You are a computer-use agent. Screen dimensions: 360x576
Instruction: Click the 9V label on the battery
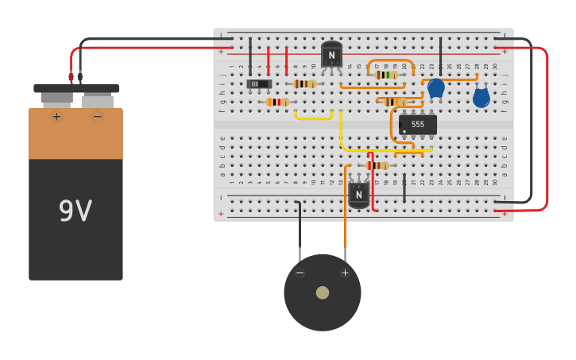(75, 211)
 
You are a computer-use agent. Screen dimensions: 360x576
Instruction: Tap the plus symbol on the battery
(56, 117)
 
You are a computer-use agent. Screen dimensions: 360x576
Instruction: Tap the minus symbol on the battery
(97, 117)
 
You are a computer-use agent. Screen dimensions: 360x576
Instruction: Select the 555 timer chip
(417, 125)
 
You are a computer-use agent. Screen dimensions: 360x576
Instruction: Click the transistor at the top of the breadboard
(331, 55)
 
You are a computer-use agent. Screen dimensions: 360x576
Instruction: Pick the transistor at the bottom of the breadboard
(358, 194)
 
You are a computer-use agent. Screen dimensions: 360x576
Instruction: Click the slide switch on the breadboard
(258, 83)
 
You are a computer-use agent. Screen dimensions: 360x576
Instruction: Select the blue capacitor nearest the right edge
(481, 98)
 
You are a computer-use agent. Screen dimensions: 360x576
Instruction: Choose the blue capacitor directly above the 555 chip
(436, 87)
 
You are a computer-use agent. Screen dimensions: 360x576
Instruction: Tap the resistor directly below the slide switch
(276, 102)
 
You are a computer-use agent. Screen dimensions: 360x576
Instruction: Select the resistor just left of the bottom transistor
(377, 165)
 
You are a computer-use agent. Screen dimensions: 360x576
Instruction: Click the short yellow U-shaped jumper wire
(313, 118)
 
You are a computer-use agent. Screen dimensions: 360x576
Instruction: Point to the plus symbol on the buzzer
(345, 273)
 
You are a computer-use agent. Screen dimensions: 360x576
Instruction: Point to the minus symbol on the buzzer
(300, 273)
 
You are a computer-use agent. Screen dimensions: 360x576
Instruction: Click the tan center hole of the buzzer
(322, 292)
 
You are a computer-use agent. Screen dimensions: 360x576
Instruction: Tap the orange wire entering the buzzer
(346, 230)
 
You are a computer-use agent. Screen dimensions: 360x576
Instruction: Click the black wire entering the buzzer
(300, 230)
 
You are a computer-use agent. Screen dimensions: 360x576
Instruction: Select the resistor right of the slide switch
(304, 83)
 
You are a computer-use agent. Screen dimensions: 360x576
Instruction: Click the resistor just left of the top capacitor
(386, 75)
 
